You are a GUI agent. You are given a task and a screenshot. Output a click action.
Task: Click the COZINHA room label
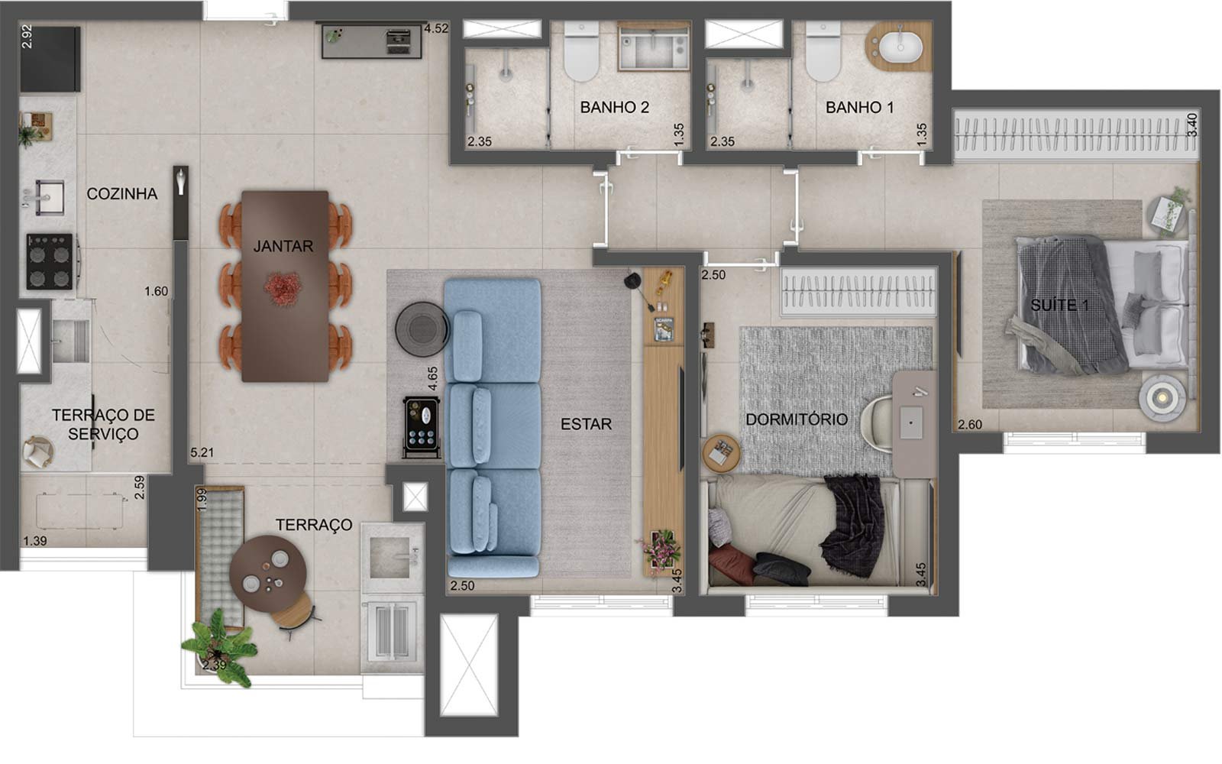[121, 194]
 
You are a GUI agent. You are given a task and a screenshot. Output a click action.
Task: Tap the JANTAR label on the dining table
[283, 246]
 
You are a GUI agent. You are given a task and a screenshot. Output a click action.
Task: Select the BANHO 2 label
[614, 108]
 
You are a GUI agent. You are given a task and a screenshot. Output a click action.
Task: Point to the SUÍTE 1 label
[1059, 305]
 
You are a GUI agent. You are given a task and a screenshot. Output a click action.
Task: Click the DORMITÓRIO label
[797, 419]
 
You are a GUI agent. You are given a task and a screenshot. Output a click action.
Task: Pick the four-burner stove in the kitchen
[50, 261]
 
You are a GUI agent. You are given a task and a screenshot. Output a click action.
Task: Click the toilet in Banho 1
[823, 52]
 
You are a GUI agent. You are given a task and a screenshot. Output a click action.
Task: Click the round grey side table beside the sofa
[422, 329]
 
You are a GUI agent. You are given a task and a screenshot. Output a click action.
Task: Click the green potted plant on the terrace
[218, 648]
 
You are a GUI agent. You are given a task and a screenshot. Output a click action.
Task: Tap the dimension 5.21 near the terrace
[202, 452]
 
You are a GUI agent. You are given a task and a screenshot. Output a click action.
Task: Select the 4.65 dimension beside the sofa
[432, 378]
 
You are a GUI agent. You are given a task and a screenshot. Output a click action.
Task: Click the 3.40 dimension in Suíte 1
[1192, 125]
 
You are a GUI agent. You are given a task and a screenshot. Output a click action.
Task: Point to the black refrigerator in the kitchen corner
[50, 59]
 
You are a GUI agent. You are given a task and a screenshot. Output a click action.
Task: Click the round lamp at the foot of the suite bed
[1162, 398]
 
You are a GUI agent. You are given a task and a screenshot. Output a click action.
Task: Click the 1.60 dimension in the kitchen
[156, 291]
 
